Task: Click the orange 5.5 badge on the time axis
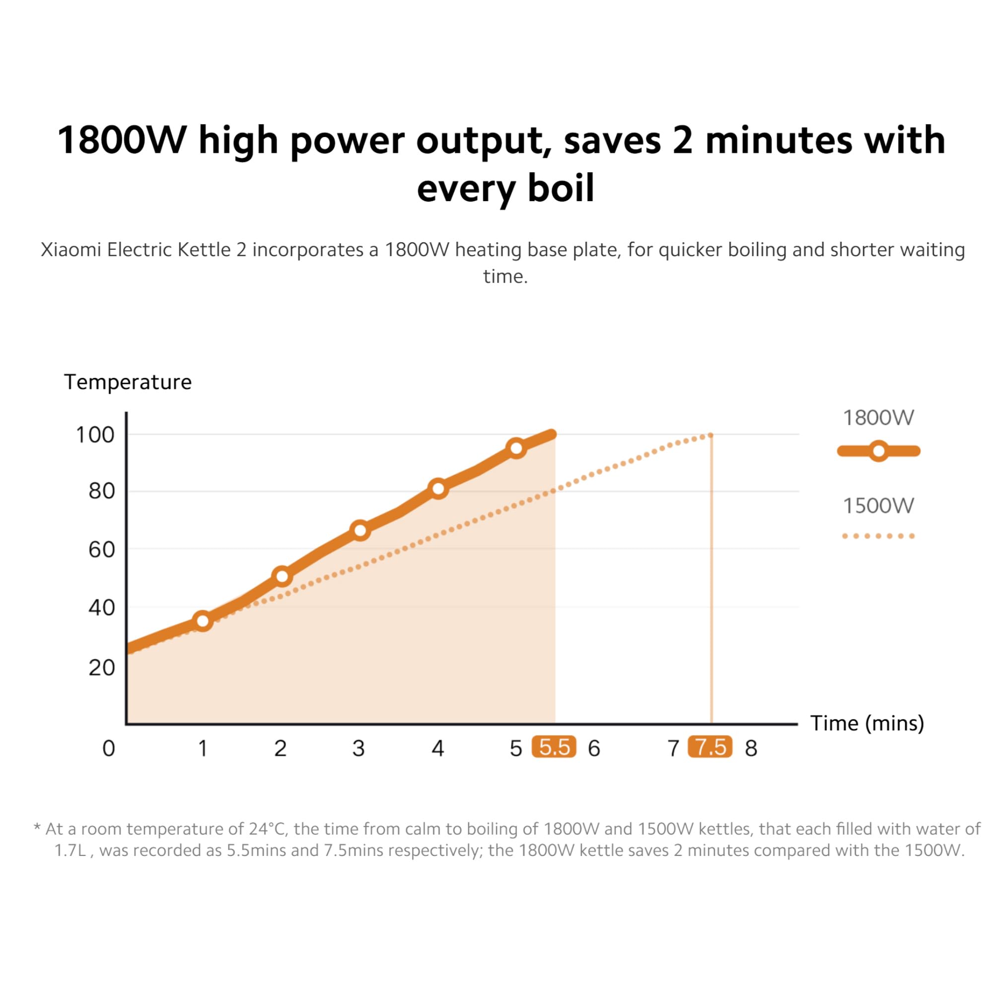point(554,747)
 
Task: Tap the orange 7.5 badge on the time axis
point(710,747)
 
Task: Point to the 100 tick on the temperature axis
point(95,435)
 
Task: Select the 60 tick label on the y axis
point(101,550)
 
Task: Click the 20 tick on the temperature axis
point(101,668)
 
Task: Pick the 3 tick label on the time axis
point(359,748)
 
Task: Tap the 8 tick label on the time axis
point(751,748)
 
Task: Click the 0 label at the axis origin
point(108,748)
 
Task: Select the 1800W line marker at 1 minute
point(203,621)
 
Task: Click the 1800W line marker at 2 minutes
point(282,576)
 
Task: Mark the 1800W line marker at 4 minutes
point(438,488)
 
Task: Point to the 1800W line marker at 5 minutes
point(516,448)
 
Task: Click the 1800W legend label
point(878,418)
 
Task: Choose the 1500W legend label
point(878,506)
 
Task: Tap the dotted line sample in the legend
point(878,536)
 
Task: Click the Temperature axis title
point(128,382)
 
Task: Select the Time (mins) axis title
point(867,723)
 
